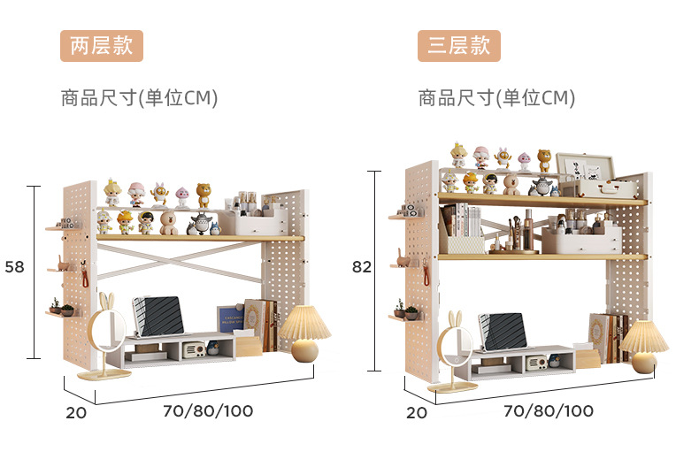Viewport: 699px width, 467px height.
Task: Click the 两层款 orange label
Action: pyautogui.click(x=101, y=46)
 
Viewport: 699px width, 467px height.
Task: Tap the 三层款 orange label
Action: pyautogui.click(x=459, y=46)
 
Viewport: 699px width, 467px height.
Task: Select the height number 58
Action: pyautogui.click(x=14, y=266)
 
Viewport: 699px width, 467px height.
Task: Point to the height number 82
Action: pyautogui.click(x=361, y=266)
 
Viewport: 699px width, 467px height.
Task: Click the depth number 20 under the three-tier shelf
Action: pyautogui.click(x=416, y=411)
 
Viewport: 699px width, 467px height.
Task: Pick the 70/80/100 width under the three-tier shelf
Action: pyautogui.click(x=549, y=410)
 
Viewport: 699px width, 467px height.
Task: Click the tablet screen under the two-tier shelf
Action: pyautogui.click(x=159, y=315)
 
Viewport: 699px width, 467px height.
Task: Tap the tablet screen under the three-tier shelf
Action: pyautogui.click(x=504, y=331)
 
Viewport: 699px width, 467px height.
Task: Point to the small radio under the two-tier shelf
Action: pyautogui.click(x=195, y=350)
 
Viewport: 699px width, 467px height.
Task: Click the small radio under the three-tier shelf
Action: pyautogui.click(x=536, y=362)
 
